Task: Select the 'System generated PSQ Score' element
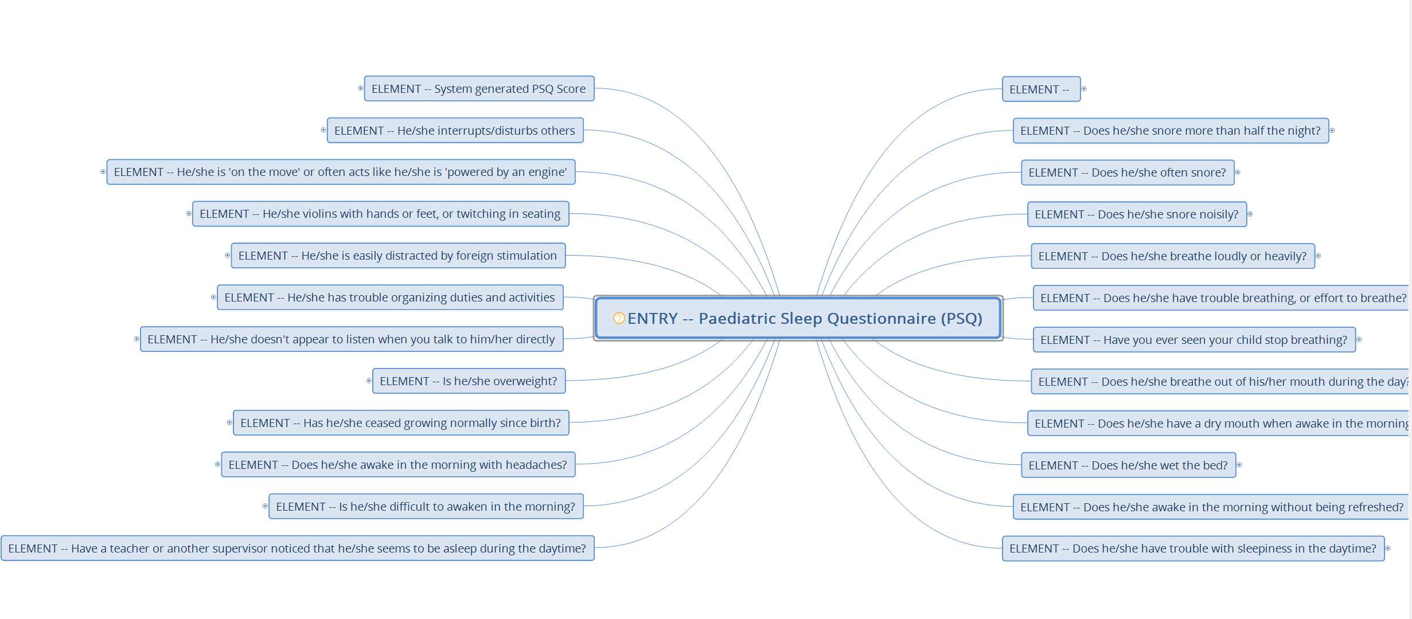pos(479,89)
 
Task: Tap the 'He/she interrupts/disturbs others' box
pos(455,131)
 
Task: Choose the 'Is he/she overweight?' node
pos(469,381)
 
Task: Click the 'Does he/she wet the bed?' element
pos(1128,465)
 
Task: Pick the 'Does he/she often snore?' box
pos(1127,173)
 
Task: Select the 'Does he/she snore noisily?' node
pos(1136,214)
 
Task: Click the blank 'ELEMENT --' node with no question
pos(1040,89)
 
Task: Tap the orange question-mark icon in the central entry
pos(619,318)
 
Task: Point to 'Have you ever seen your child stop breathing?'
pos(1193,340)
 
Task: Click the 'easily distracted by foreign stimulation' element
pos(397,256)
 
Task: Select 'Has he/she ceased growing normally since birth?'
pos(400,423)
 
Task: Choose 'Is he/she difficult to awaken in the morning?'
pos(426,507)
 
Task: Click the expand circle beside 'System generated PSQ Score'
pos(360,88)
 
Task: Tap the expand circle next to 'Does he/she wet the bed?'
pos(1239,465)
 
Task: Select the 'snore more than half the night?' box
pos(1170,131)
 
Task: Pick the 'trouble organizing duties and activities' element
pos(389,297)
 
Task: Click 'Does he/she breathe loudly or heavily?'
pos(1172,256)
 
